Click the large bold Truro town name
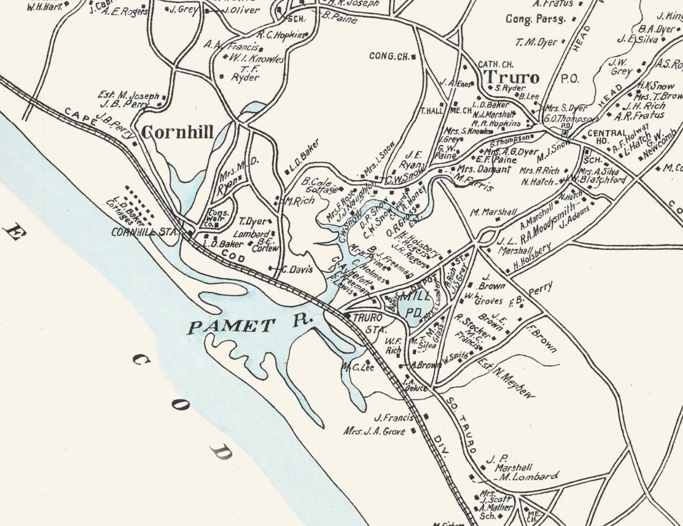(512, 77)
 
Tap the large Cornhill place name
(177, 132)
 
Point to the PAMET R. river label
(249, 324)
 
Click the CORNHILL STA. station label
(145, 231)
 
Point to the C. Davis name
(296, 270)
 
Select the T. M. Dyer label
(536, 42)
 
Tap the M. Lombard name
(529, 476)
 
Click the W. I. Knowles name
(257, 59)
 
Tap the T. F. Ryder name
(245, 73)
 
